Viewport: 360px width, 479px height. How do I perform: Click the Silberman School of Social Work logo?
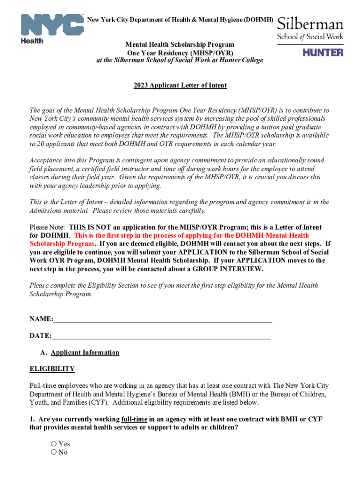(310, 29)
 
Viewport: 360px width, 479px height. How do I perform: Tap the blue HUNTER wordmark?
(323, 52)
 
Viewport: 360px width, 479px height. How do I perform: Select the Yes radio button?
(54, 444)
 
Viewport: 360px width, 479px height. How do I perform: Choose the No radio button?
(54, 452)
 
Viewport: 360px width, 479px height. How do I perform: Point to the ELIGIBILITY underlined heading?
(52, 369)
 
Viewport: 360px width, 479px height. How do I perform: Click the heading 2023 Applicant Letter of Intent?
(180, 86)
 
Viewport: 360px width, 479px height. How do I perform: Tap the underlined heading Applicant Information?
(85, 353)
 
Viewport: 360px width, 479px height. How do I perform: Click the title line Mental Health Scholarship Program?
(180, 45)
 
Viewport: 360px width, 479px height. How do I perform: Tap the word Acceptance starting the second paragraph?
(46, 160)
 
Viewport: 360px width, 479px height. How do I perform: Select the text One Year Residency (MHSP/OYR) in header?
(180, 53)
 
